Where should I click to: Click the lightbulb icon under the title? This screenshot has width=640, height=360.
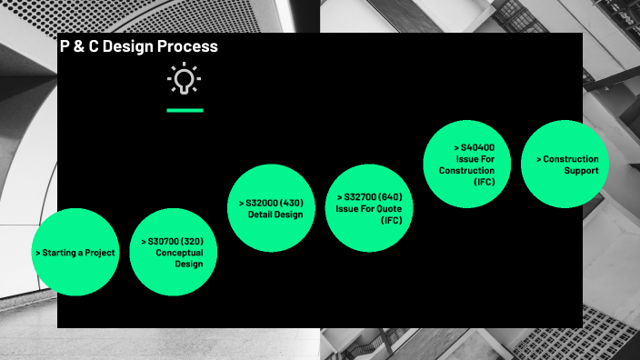[185, 80]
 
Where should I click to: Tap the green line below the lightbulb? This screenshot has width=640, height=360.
[185, 110]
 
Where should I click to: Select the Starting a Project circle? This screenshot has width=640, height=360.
[75, 252]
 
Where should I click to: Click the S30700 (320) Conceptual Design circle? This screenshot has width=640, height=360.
[174, 252]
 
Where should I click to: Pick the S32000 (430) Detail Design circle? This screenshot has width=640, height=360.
[271, 208]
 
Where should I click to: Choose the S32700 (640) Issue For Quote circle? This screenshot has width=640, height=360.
[368, 208]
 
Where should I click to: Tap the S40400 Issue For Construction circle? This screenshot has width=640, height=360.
[466, 164]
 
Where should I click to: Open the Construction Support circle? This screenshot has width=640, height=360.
[565, 164]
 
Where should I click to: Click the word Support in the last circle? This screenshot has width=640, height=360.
[580, 170]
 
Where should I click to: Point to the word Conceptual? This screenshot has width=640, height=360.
[179, 252]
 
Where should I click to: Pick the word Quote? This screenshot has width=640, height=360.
[383, 208]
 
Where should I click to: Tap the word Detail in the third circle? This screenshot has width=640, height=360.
[261, 215]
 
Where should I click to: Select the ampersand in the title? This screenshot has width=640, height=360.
[79, 46]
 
